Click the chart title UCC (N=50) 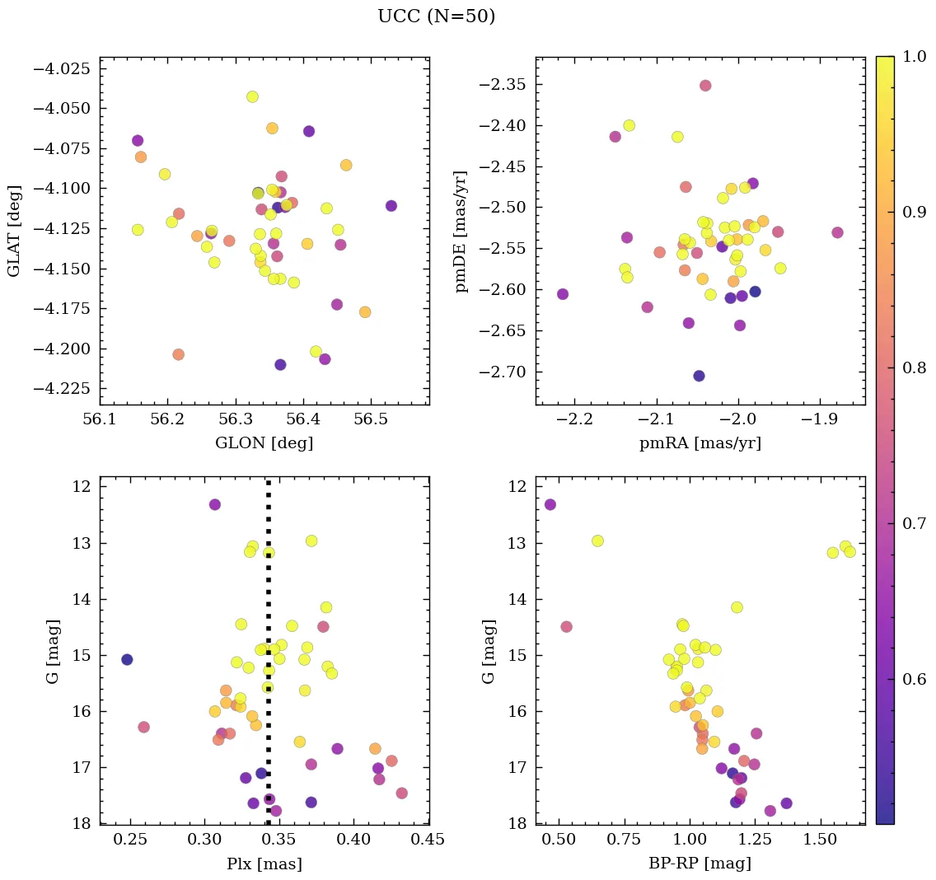(436, 16)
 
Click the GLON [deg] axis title (264, 443)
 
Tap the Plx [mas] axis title (264, 864)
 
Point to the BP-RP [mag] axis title (700, 864)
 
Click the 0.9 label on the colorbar (912, 213)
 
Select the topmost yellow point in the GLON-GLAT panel (252, 96)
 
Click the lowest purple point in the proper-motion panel (699, 376)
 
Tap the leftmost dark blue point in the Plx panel (127, 659)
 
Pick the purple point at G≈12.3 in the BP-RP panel (550, 504)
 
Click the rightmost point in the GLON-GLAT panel (391, 206)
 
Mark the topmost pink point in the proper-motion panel (705, 86)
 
